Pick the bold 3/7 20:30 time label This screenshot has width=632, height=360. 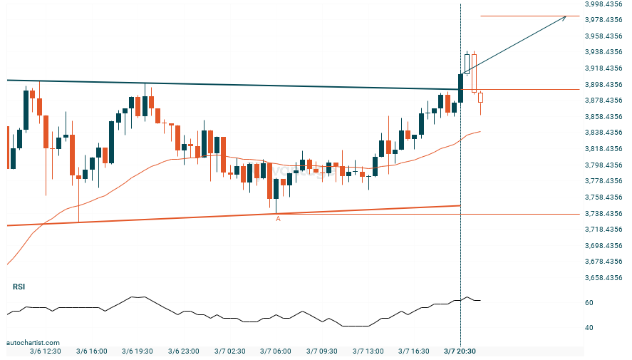460,351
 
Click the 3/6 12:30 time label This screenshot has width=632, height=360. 44,351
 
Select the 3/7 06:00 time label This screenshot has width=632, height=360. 275,351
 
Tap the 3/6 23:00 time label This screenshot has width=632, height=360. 183,351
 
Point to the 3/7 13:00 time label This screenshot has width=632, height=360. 368,351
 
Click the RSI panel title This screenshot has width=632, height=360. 19,287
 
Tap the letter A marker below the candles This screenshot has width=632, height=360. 278,219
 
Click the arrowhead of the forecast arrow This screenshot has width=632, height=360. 565,17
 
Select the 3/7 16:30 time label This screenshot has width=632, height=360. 414,351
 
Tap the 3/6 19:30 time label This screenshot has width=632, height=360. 137,351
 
